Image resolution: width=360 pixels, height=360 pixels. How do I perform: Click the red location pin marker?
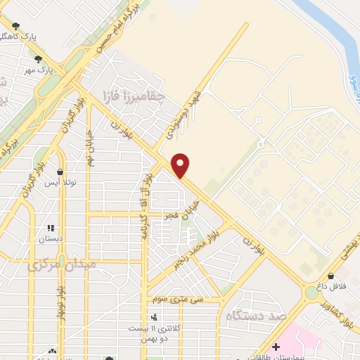click(181, 165)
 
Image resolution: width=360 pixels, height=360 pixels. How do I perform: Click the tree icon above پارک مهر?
click(38, 60)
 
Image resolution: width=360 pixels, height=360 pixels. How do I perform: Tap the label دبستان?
click(50, 239)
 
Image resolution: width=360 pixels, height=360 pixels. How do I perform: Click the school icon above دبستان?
click(50, 228)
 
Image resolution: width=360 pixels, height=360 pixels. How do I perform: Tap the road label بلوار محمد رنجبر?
click(197, 248)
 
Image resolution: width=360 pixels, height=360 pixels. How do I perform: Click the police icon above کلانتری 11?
click(154, 317)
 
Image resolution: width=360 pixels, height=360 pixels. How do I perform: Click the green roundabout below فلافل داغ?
click(311, 292)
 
